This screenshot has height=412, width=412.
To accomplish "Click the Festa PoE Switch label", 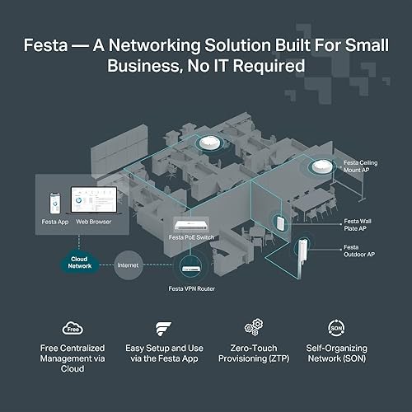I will point(194,236).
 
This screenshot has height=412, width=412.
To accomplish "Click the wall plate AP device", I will point(281,223).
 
